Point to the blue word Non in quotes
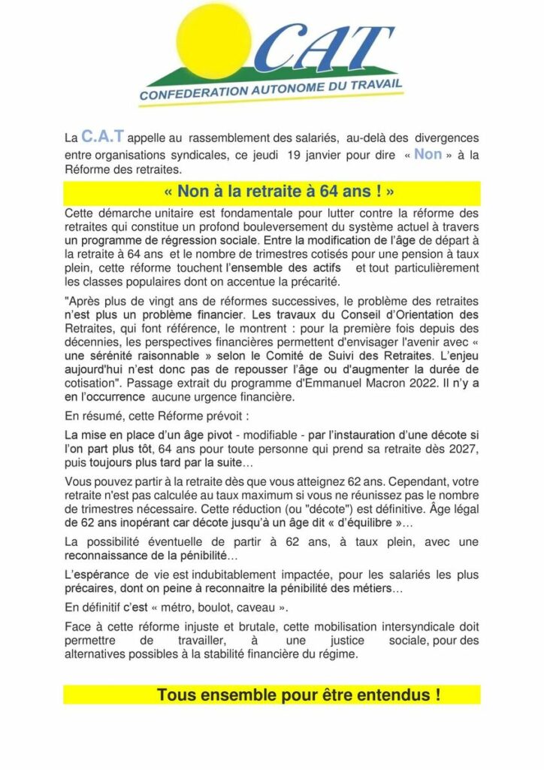428,154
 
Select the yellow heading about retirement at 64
271,191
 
